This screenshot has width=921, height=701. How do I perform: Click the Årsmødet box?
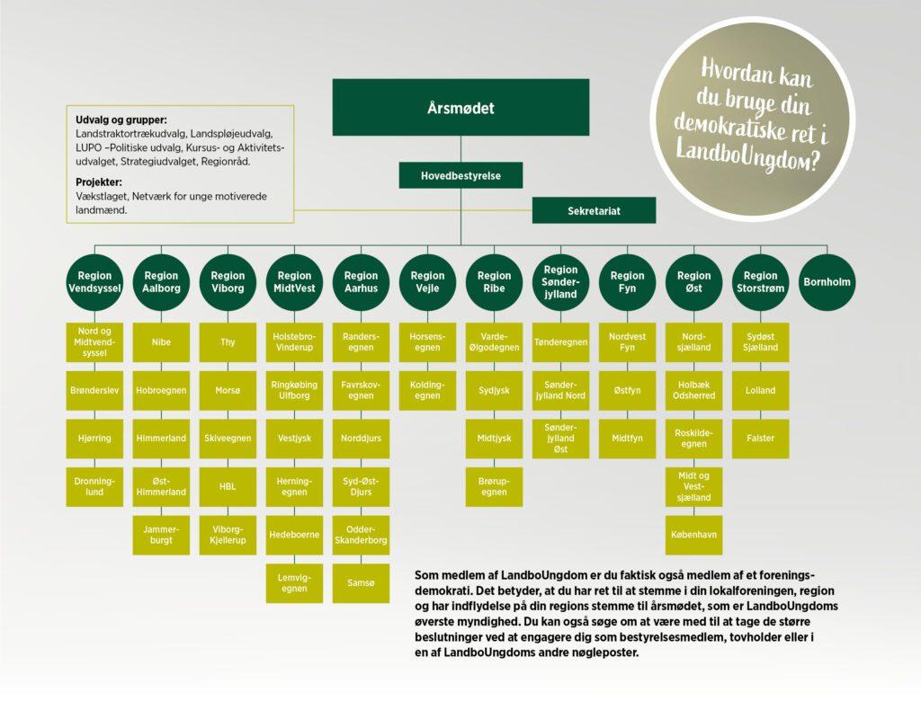coord(460,108)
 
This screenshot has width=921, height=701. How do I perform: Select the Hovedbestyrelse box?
coord(460,175)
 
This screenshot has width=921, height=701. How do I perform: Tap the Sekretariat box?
coord(594,210)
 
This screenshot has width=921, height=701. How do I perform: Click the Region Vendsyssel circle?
coord(94,282)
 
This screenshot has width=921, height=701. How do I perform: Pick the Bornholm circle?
coord(827,282)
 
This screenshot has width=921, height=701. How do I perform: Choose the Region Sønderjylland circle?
coord(560,282)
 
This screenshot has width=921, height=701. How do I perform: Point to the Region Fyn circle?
coord(627,282)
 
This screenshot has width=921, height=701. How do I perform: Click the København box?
coord(693,535)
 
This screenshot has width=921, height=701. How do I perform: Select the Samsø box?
coord(361,583)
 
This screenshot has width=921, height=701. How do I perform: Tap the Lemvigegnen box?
coord(294,583)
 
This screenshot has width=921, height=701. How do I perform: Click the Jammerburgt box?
coord(161,535)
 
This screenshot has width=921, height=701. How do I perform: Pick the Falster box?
coord(760,439)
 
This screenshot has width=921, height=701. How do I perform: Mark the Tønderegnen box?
coord(560,342)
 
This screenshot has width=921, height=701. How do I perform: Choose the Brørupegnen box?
coord(494,487)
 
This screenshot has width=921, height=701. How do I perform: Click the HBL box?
coord(228,487)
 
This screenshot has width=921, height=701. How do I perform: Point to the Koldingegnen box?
coord(427,390)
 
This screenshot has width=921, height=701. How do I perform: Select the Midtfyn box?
coord(627,439)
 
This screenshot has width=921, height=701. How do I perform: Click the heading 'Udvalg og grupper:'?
coord(121,120)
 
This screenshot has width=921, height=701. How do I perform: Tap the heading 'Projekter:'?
coord(99,182)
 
